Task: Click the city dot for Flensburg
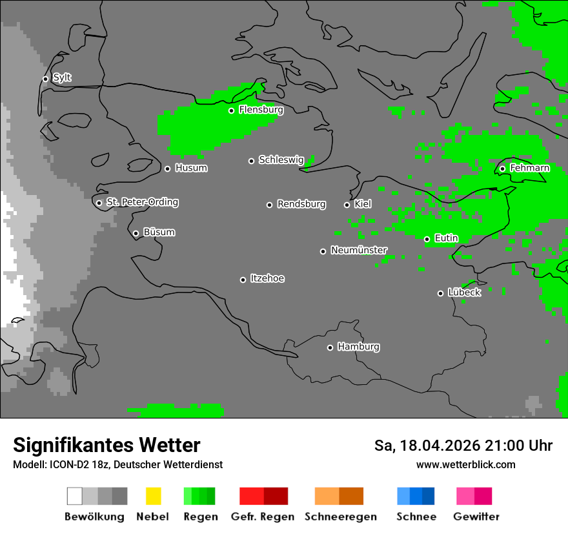point(231,110)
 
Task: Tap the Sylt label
point(62,77)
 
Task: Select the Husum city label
point(191,168)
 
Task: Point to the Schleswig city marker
point(251,161)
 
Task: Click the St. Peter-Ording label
point(142,202)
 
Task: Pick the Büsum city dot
point(136,233)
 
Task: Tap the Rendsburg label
point(301,204)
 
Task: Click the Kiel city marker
point(347,205)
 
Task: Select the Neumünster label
point(359,250)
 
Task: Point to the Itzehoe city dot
point(243,280)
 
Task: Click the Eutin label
point(446,238)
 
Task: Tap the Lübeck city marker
point(440,293)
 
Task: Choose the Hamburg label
point(358,347)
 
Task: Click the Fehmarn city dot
point(502,169)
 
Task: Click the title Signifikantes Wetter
point(107,445)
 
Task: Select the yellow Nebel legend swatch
point(153,496)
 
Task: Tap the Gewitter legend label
point(476,517)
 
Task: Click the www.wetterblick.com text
point(465,464)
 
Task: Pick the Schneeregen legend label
point(340,517)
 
